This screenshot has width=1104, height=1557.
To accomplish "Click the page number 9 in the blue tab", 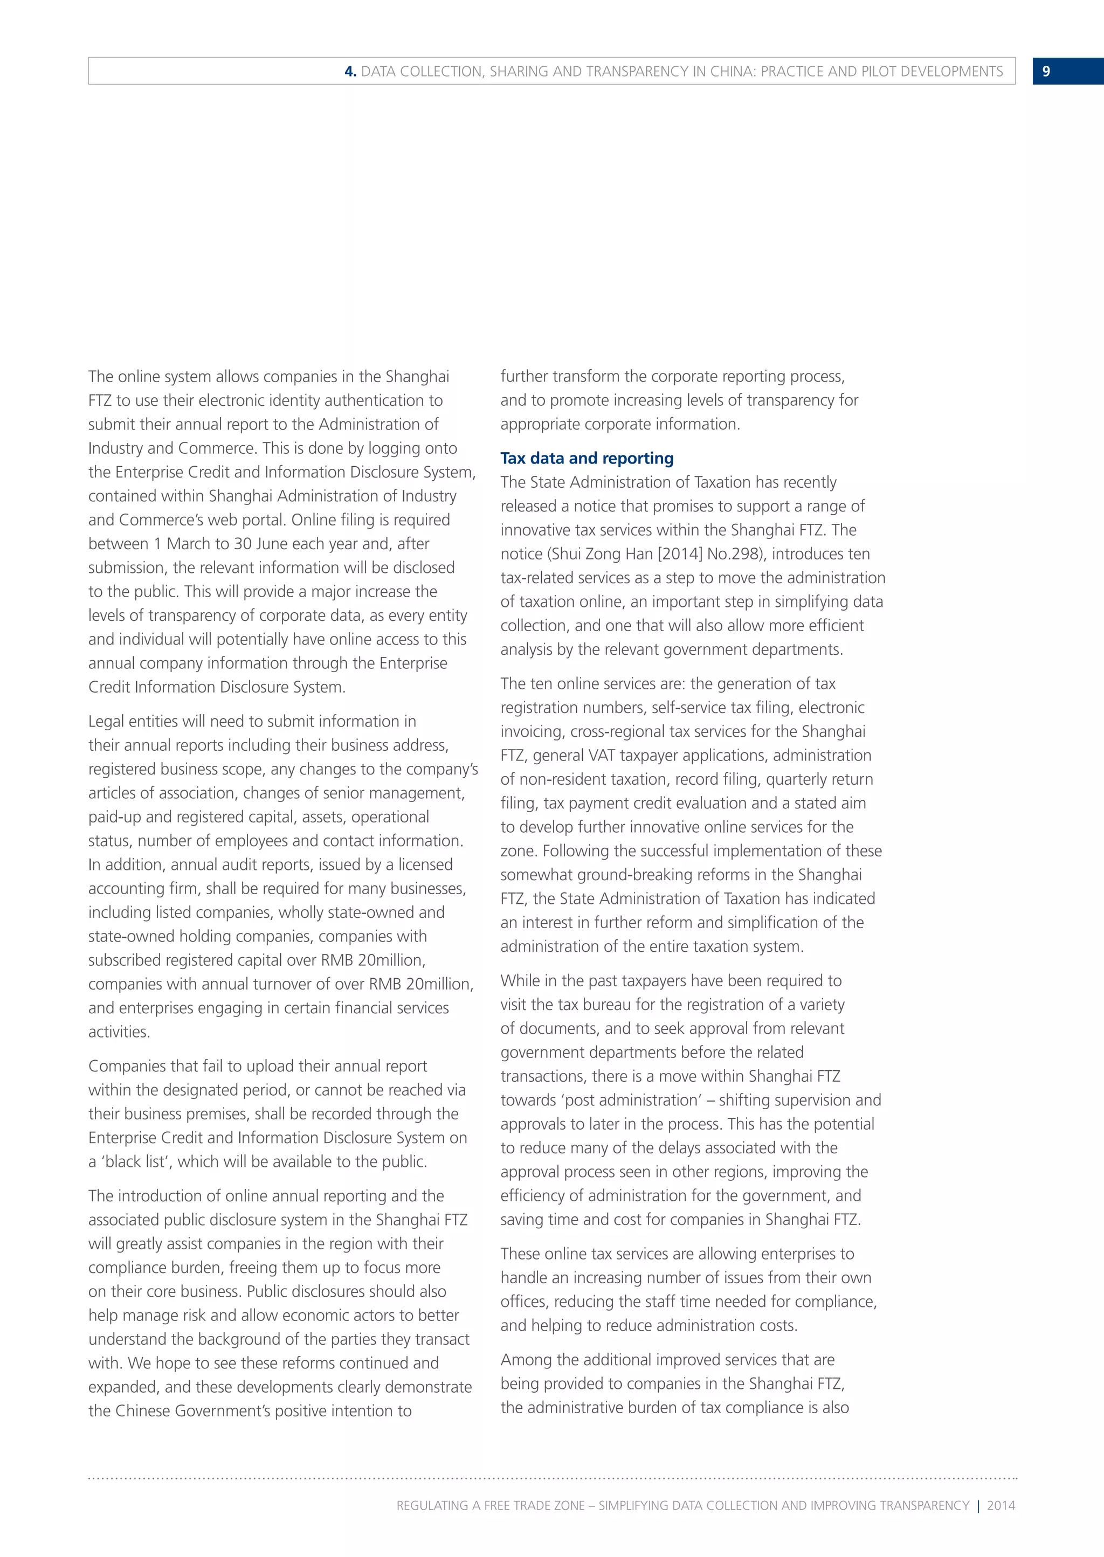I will tap(1046, 71).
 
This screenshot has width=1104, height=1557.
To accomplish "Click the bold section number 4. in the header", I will tap(350, 71).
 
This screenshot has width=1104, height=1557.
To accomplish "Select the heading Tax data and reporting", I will tap(586, 458).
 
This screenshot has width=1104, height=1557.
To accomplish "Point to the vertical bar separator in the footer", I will tap(978, 1505).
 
